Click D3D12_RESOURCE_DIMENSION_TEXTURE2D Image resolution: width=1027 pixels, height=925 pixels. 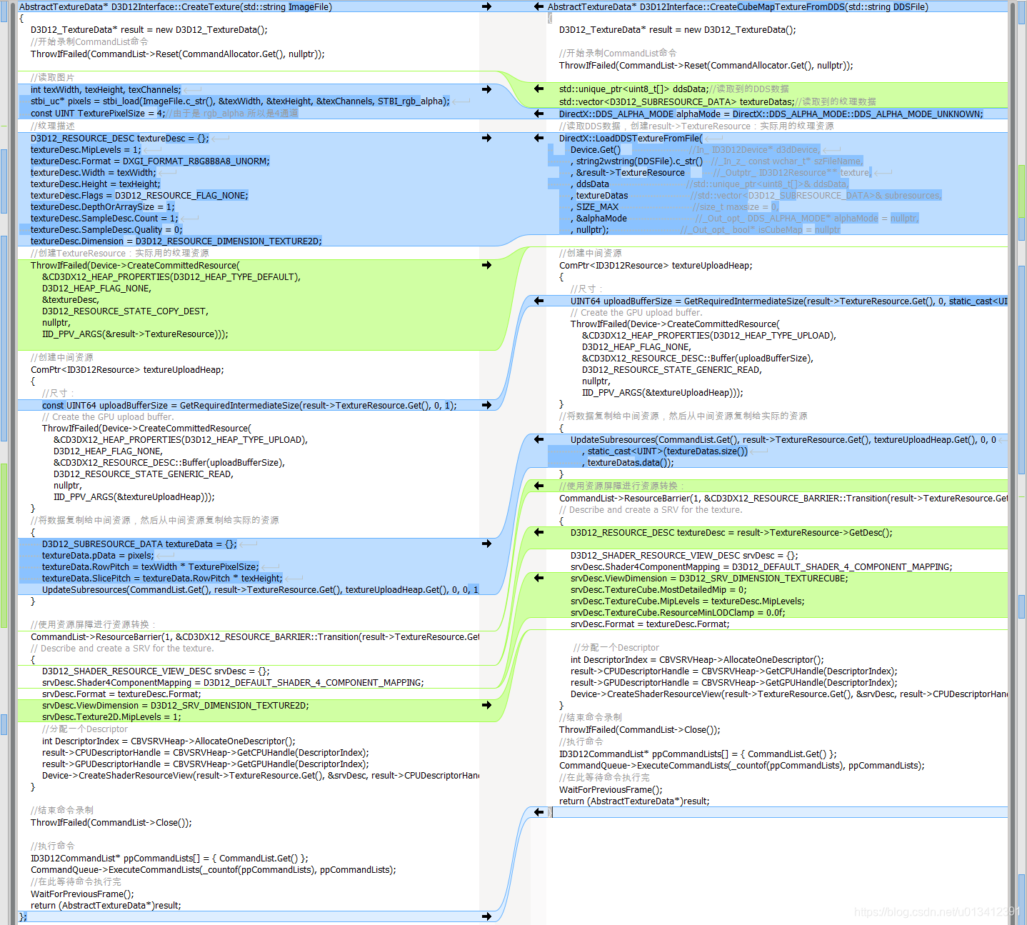tap(229, 241)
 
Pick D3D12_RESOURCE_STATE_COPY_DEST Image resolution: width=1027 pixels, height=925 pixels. tap(125, 311)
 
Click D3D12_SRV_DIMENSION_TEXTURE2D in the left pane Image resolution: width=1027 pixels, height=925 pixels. tap(229, 706)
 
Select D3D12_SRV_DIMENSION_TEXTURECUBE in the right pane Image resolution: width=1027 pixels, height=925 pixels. tap(763, 579)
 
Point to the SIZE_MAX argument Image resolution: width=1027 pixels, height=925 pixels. tap(597, 207)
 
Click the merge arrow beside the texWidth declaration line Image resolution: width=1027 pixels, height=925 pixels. tap(486, 89)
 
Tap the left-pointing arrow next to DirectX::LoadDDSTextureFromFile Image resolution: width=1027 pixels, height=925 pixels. tap(538, 138)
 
